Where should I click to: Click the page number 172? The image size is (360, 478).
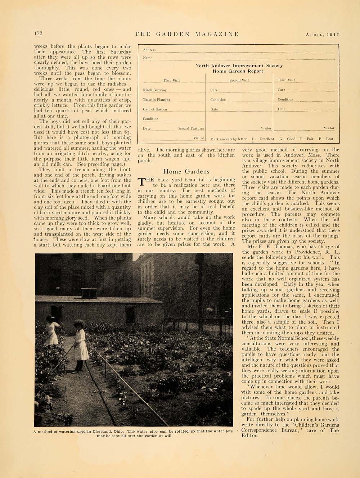39,34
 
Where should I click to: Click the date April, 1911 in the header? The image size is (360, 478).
322,35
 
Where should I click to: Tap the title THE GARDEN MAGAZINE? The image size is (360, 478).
186,34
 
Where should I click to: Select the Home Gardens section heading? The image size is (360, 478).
186,171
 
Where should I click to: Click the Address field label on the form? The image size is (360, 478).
149,50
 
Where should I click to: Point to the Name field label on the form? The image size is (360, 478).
148,58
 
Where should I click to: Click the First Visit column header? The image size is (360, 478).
172,80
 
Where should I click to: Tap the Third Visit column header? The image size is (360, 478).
286,80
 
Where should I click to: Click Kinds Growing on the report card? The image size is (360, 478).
155,90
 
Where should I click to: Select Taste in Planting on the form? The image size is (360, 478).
157,100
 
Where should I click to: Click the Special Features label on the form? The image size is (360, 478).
191,128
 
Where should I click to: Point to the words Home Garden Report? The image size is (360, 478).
239,71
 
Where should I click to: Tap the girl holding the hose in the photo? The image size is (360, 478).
80,344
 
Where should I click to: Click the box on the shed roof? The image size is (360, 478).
89,293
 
